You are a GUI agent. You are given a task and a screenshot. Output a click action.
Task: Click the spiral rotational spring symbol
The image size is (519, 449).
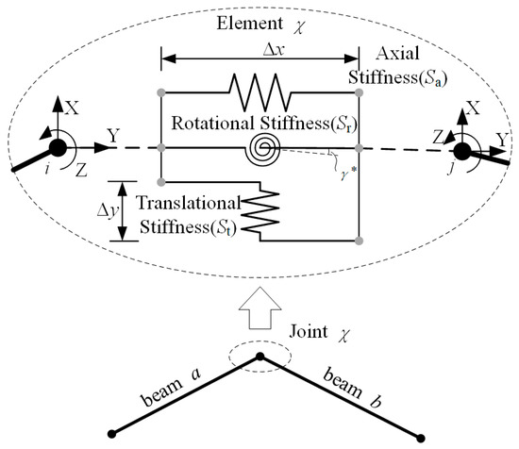tap(261, 148)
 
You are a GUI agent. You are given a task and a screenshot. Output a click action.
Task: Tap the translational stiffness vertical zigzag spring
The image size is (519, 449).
tap(270, 208)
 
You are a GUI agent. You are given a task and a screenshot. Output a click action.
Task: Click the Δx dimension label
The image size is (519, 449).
tap(262, 47)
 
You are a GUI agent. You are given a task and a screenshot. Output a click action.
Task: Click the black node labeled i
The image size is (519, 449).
tap(58, 148)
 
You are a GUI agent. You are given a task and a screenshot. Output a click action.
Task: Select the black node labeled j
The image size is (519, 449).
tap(461, 152)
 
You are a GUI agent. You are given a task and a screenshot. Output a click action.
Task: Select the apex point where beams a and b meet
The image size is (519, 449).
tap(262, 358)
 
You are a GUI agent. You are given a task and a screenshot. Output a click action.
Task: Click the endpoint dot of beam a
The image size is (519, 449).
tap(112, 434)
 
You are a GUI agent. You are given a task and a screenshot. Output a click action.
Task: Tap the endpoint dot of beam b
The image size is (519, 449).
tap(421, 435)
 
